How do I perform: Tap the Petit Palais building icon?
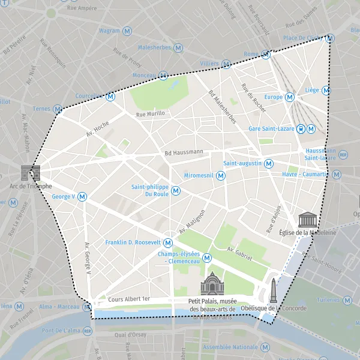211,284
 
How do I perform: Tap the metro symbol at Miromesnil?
221,176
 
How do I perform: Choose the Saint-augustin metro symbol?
269,163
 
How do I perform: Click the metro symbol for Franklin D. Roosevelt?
168,243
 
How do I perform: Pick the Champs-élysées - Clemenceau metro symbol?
207,258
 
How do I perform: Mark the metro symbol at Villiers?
226,64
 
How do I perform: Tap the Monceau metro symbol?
163,76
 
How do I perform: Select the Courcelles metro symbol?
110,96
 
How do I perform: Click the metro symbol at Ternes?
58,109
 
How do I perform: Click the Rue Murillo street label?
150,113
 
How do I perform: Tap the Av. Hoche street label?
97,127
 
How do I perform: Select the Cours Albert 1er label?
129,299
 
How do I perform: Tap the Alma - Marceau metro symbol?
87,307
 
